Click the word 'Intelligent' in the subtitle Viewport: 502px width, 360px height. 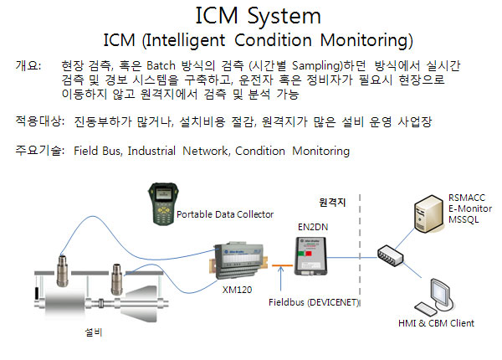[x=179, y=40]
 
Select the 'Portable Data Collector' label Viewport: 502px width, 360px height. [x=225, y=214]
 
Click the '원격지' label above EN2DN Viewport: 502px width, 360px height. [x=333, y=203]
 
